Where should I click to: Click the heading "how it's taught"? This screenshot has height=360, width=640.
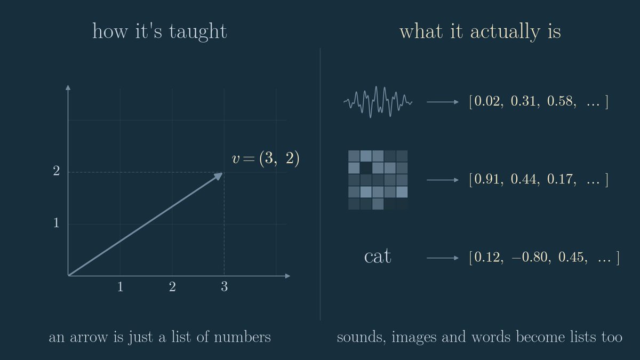(x=159, y=31)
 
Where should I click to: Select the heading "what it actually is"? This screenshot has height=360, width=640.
(x=480, y=31)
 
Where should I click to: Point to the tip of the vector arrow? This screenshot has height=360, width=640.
(x=222, y=173)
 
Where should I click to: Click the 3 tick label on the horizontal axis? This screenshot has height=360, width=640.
(x=225, y=286)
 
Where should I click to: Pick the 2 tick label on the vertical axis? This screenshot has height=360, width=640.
(x=57, y=171)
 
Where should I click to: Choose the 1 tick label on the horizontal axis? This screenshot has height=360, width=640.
(x=121, y=286)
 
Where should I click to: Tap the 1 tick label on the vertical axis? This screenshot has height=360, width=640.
(x=57, y=222)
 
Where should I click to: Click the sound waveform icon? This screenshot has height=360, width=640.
(x=378, y=102)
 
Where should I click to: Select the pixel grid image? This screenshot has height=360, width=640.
(x=378, y=180)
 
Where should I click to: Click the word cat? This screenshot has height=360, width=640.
(x=378, y=256)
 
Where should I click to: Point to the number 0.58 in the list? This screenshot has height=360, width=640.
(x=559, y=101)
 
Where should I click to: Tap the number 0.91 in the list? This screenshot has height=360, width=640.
(x=486, y=179)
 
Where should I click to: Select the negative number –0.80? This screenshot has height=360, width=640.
(x=530, y=257)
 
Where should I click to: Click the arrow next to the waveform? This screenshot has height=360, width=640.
(x=443, y=102)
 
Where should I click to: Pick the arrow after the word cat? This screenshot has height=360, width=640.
(x=443, y=258)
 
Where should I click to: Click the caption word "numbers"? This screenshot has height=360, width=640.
(x=242, y=337)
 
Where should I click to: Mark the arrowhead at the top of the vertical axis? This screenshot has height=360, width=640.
(x=68, y=87)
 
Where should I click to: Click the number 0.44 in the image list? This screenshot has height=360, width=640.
(x=523, y=179)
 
